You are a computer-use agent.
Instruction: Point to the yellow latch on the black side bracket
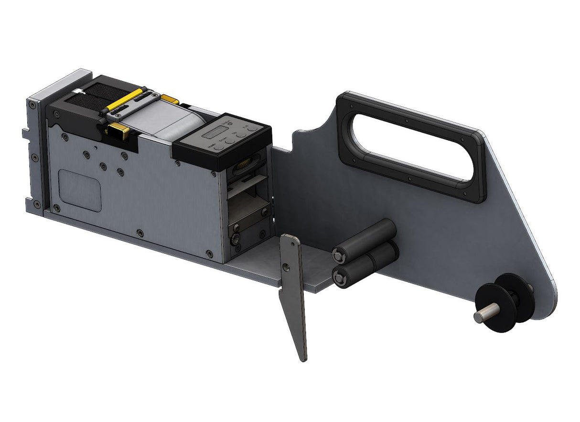point(119,130)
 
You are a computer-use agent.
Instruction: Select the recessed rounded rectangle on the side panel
point(80,190)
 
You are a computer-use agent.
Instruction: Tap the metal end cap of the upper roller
point(339,255)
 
